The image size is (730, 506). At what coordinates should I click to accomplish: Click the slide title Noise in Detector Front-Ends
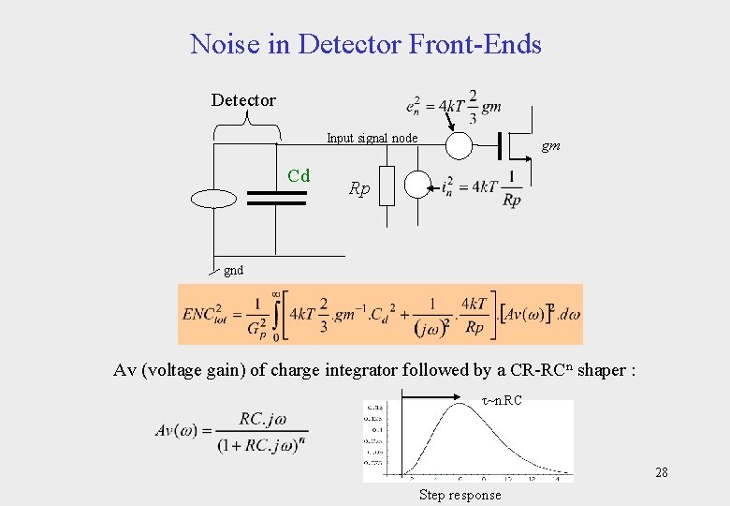coord(365,44)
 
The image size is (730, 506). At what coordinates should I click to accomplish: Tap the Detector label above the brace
coord(243,100)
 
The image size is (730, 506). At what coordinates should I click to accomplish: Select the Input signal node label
coord(372,139)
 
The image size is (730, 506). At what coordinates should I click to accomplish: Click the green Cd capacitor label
coord(299,175)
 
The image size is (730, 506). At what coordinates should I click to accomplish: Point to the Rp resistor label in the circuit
coord(359,188)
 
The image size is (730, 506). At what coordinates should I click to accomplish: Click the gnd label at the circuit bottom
coord(233,270)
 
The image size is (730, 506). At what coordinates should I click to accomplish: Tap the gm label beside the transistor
coord(551,146)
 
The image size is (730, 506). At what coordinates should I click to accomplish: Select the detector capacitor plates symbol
coord(276,198)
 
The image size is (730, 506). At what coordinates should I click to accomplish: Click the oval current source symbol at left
coord(213,198)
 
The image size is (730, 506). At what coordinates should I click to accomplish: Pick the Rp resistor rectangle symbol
coord(387,185)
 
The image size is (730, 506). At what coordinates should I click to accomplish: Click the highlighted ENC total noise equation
coord(380,314)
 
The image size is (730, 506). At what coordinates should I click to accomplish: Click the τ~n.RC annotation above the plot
coord(502,401)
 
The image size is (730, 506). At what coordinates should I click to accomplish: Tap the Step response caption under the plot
coord(460,495)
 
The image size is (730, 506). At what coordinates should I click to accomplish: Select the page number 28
coord(661,472)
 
